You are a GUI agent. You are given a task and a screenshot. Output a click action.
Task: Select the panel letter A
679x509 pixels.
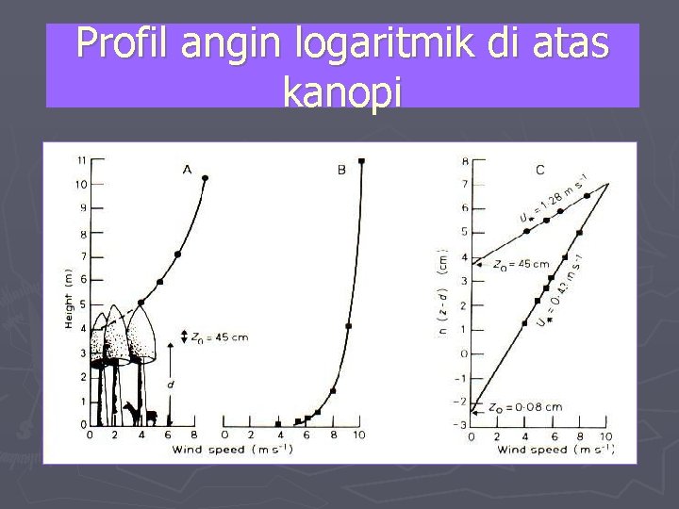tap(187, 170)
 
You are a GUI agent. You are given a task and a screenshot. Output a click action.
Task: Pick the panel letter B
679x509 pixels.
tap(341, 170)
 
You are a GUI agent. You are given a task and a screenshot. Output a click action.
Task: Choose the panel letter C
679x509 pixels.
tap(539, 170)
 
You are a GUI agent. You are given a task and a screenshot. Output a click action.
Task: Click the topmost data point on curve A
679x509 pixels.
tap(205, 178)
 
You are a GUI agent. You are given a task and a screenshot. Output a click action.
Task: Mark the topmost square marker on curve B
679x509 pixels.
tap(361, 161)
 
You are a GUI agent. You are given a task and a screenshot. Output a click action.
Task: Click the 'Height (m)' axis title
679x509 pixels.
tap(68, 297)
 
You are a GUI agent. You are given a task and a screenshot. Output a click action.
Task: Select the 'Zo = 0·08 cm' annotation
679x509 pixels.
tap(527, 407)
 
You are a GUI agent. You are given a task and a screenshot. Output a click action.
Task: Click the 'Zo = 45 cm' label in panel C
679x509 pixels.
tap(522, 265)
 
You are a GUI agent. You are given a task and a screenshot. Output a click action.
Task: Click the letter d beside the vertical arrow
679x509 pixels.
tap(170, 385)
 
